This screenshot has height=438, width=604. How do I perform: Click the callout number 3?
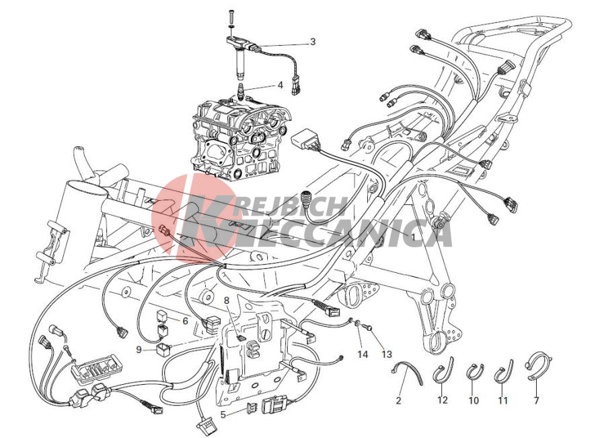click(x=312, y=41)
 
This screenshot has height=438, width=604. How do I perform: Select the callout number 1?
click(x=412, y=236)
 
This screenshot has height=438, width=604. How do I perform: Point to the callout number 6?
click(x=185, y=321)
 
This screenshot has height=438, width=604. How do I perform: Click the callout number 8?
click(x=227, y=300)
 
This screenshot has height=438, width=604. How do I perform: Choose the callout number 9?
click(x=139, y=350)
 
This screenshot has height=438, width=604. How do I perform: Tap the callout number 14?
click(x=363, y=354)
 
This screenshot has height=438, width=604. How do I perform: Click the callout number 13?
click(x=387, y=354)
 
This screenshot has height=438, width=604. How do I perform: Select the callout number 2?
click(x=398, y=400)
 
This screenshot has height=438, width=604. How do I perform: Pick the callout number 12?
click(x=443, y=400)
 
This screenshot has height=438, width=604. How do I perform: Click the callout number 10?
click(x=474, y=400)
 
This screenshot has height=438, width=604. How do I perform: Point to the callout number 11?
click(x=502, y=400)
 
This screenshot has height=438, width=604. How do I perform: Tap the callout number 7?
click(x=536, y=400)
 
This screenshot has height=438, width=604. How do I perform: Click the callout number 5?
click(x=223, y=415)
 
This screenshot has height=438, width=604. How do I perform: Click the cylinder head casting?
click(x=238, y=138)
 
